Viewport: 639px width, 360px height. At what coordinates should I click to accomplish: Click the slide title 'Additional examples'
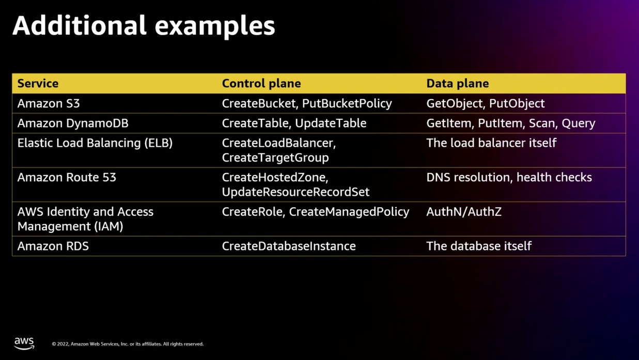pyautogui.click(x=144, y=26)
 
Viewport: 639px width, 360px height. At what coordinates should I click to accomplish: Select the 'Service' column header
pyautogui.click(x=38, y=83)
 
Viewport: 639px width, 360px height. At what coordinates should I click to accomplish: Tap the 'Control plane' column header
pyautogui.click(x=261, y=83)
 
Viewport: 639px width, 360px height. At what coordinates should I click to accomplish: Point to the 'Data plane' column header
pyautogui.click(x=457, y=83)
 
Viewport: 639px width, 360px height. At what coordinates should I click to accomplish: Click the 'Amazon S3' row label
pyautogui.click(x=49, y=103)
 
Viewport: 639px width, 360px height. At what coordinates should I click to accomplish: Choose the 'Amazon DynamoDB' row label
pyautogui.click(x=73, y=123)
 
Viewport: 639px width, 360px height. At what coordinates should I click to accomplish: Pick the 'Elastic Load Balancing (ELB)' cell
pyautogui.click(x=95, y=143)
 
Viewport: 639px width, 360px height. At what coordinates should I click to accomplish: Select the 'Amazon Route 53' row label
pyautogui.click(x=67, y=177)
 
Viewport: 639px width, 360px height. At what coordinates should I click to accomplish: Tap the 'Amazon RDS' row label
pyautogui.click(x=53, y=246)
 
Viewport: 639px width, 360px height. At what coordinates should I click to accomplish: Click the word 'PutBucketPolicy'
pyautogui.click(x=347, y=103)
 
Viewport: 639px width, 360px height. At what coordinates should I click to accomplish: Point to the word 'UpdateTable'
pyautogui.click(x=331, y=123)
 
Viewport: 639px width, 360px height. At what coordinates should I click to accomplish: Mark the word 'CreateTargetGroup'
pyautogui.click(x=275, y=158)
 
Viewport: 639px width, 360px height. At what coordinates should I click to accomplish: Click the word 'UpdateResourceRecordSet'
pyautogui.click(x=295, y=192)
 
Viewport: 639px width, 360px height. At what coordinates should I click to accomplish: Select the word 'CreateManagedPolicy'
pyautogui.click(x=349, y=212)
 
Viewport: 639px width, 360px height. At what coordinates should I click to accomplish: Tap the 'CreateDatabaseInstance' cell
pyautogui.click(x=289, y=246)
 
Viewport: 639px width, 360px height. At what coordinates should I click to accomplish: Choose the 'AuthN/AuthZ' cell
pyautogui.click(x=464, y=212)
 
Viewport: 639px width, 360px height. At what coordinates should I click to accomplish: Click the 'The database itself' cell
pyautogui.click(x=479, y=246)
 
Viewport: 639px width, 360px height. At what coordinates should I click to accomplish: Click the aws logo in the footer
pyautogui.click(x=24, y=343)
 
